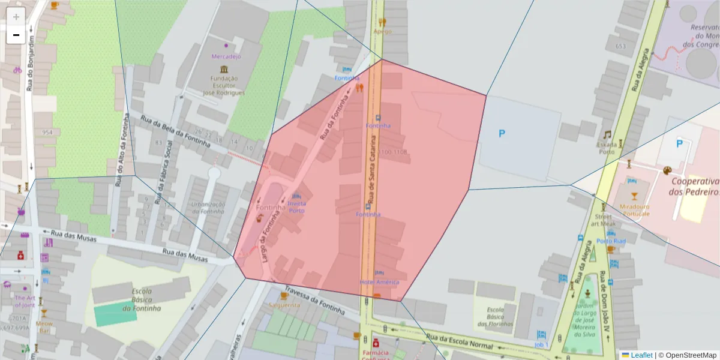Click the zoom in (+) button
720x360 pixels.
16,17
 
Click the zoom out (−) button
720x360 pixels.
16,35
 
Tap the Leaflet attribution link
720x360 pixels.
641,355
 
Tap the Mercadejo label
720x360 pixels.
226,56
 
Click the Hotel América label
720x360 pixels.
379,282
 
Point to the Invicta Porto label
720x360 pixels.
297,207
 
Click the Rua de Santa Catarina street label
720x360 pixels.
373,169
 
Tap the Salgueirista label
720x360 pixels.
284,305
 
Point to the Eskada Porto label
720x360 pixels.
607,148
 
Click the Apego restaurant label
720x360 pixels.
382,31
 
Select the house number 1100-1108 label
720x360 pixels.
393,152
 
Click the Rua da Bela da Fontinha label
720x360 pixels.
175,133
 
